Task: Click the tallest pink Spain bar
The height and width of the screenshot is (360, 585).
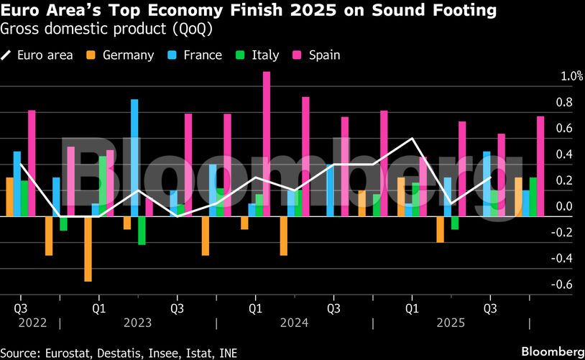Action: [267, 144]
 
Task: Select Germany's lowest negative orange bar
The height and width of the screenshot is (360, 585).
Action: [88, 248]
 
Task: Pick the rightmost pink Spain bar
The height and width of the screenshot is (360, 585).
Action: [540, 166]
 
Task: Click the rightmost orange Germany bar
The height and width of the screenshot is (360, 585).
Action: [518, 196]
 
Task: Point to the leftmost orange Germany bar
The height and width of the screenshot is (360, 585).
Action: [9, 196]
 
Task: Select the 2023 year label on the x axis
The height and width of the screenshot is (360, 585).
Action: [137, 323]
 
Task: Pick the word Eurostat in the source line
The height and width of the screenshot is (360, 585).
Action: [69, 352]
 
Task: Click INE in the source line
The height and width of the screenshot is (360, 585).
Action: [227, 352]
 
